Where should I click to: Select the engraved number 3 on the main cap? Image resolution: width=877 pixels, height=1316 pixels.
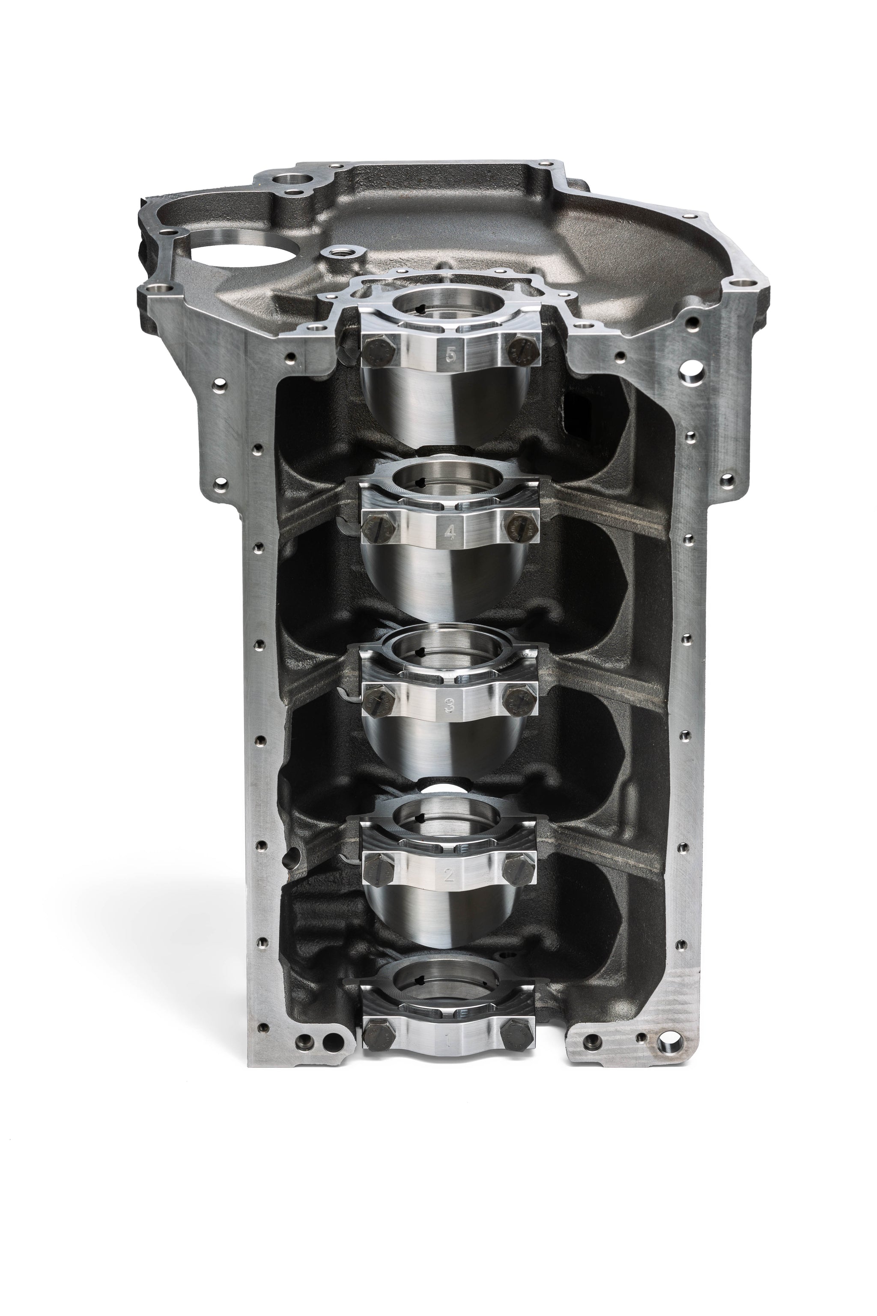pyautogui.click(x=449, y=706)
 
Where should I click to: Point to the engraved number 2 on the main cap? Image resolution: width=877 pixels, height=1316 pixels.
pyautogui.click(x=448, y=876)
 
